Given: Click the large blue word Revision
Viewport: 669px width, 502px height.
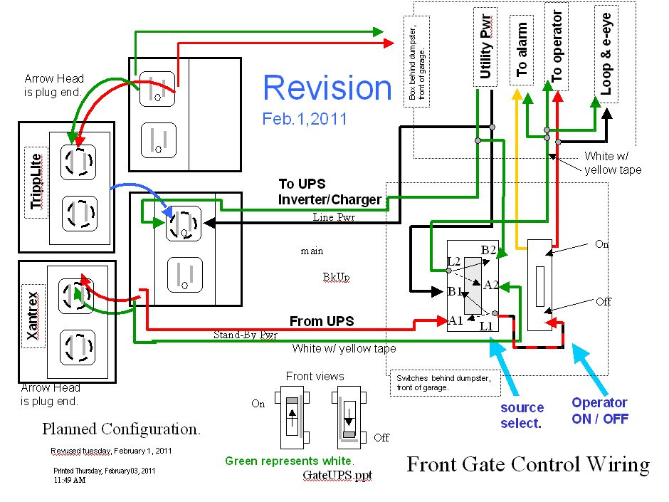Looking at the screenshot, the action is click(x=327, y=88).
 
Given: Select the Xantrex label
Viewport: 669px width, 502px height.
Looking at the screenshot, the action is click(x=33, y=316).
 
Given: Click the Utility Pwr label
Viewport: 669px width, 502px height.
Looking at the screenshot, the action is click(x=485, y=46).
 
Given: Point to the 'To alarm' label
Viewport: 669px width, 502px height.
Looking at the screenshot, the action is click(x=522, y=50).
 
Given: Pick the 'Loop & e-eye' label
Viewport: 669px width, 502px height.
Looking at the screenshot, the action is click(x=606, y=53).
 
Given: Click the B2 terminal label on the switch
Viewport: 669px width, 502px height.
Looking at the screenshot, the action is click(x=488, y=250).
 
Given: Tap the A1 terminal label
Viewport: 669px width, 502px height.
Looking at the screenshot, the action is click(x=455, y=320).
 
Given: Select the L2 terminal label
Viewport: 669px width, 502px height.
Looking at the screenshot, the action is click(x=453, y=261).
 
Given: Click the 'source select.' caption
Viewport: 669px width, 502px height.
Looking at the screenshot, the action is click(x=522, y=415).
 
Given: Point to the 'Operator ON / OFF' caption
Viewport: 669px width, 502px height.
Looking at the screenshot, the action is click(x=600, y=411).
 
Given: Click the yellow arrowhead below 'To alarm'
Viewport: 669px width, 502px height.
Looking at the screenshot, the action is click(x=517, y=94).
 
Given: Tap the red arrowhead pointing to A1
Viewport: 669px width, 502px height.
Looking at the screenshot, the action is click(x=443, y=320).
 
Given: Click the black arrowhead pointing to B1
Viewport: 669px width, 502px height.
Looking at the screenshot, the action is click(x=436, y=291).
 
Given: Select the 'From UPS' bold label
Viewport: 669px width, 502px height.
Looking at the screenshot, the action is click(x=322, y=321).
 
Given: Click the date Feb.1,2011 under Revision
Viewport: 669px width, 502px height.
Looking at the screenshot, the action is click(x=305, y=119).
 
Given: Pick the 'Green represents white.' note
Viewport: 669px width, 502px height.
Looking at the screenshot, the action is click(x=290, y=461).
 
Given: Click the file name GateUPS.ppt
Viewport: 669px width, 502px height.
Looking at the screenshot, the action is click(x=337, y=475).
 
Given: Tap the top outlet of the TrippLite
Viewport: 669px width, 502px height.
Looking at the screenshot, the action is click(x=78, y=162).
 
